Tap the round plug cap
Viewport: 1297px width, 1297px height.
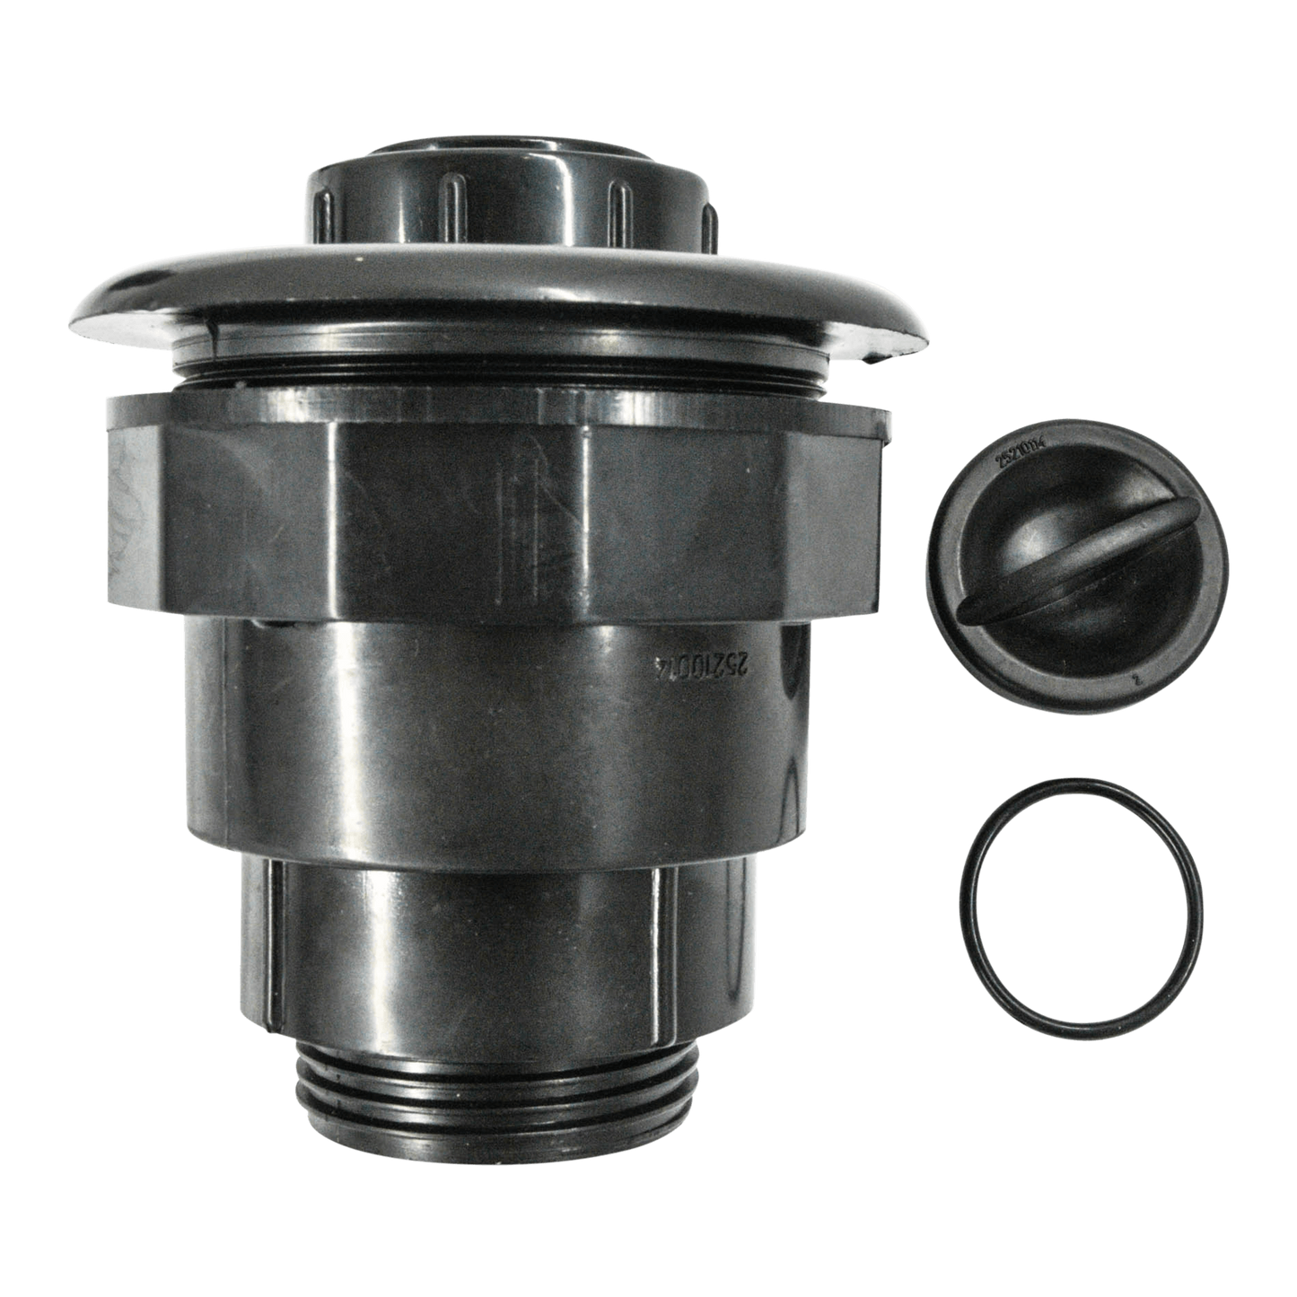point(1077,574)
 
